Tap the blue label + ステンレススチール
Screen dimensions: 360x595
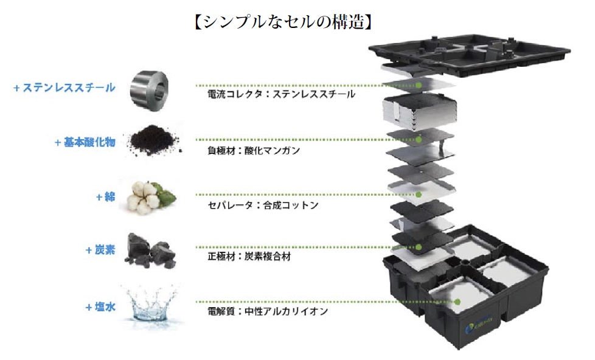64,88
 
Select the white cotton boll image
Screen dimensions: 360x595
150,195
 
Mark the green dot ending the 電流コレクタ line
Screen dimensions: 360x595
419,86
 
